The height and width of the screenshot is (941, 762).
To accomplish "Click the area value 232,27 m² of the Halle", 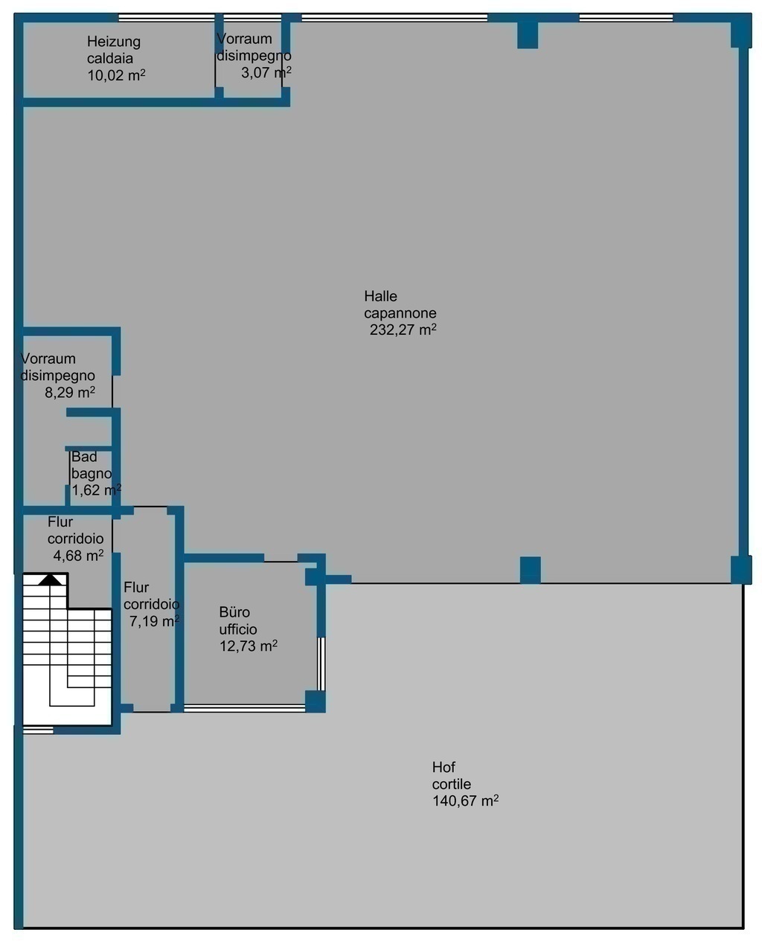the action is coord(403,330).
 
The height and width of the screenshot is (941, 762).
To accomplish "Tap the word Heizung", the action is coord(114,42).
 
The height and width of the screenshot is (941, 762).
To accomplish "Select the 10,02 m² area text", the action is coord(116,75).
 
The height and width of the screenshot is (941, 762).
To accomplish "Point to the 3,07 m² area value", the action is coord(266,72).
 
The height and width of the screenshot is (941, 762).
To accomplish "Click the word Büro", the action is coord(234,612).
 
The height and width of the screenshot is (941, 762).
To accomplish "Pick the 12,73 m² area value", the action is coord(249,646).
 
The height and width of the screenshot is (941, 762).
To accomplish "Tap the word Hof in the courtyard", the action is coord(444,768).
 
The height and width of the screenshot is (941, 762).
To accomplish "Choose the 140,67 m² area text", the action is coord(465,801).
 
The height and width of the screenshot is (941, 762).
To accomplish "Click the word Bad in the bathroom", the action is coord(84,456).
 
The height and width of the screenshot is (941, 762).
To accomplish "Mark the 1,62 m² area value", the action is coord(96,490).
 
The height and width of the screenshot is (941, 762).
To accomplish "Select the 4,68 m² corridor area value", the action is coord(79,556).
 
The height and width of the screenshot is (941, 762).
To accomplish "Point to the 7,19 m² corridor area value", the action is coord(154,621).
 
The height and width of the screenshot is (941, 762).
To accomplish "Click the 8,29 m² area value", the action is coord(70,392).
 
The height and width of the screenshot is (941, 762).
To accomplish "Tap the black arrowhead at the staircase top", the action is coord(51,579).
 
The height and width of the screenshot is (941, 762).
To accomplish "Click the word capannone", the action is coord(400,313).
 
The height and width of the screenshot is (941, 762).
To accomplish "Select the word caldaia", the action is coord(109,58).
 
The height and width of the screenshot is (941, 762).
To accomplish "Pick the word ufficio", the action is coord(238,629).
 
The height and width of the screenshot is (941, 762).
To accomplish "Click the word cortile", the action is coord(451,784).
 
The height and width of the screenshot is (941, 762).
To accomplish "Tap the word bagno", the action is coord(92,474).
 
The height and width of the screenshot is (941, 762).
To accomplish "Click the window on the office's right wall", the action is coord(321,664).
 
